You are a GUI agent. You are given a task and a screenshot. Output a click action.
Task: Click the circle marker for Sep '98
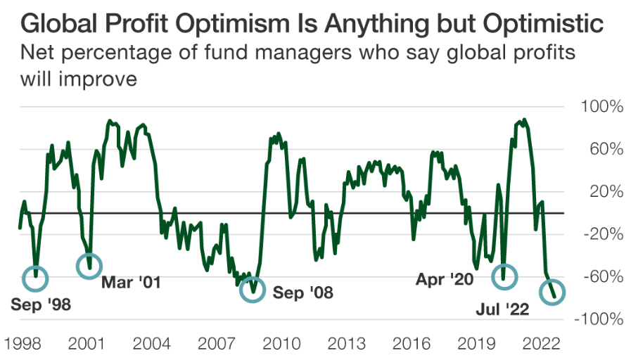point(35,278)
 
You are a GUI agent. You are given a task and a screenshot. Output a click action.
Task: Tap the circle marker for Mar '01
point(89,266)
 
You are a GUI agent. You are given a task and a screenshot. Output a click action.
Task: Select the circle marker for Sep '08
point(253,289)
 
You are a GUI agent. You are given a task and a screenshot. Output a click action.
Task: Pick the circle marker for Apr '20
point(504,276)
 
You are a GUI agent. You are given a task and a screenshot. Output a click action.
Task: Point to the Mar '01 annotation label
point(132,283)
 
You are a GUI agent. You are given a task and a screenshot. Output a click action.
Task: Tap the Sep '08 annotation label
point(302,292)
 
